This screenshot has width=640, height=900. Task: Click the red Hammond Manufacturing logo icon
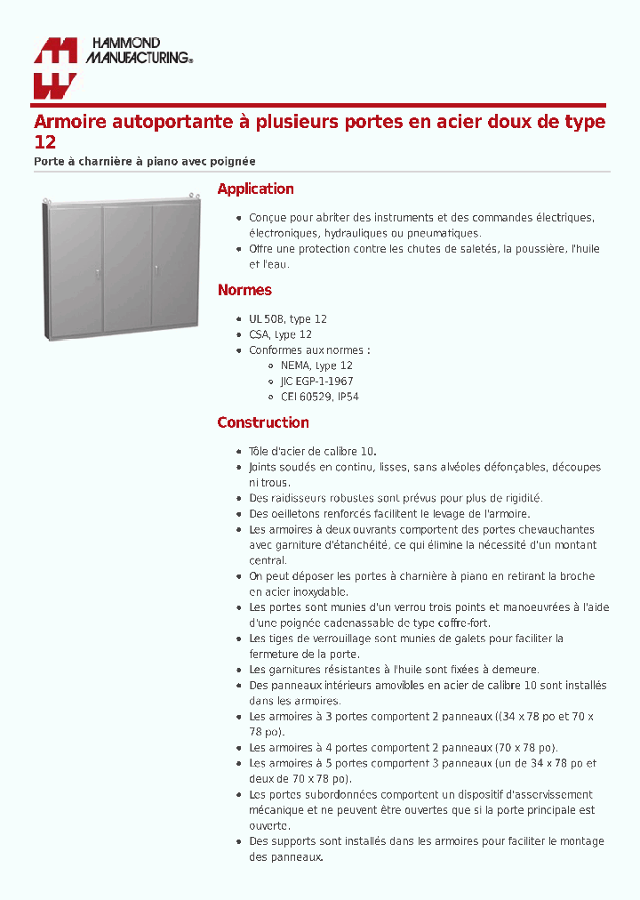click(55, 68)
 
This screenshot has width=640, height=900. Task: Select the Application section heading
click(255, 189)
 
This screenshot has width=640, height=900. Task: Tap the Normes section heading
click(244, 290)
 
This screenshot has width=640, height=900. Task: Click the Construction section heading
click(263, 422)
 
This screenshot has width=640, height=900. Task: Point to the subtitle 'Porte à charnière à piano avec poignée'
click(145, 162)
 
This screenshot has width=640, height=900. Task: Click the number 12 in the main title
click(44, 142)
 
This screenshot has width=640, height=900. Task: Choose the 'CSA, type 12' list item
click(280, 334)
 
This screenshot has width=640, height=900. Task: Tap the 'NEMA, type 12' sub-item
click(316, 366)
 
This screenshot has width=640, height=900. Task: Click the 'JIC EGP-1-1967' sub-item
click(316, 382)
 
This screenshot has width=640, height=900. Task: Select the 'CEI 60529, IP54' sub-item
click(319, 398)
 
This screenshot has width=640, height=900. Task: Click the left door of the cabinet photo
click(75, 267)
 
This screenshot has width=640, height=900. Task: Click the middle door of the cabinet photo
click(127, 267)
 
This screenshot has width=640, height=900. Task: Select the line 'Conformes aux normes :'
click(309, 350)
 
